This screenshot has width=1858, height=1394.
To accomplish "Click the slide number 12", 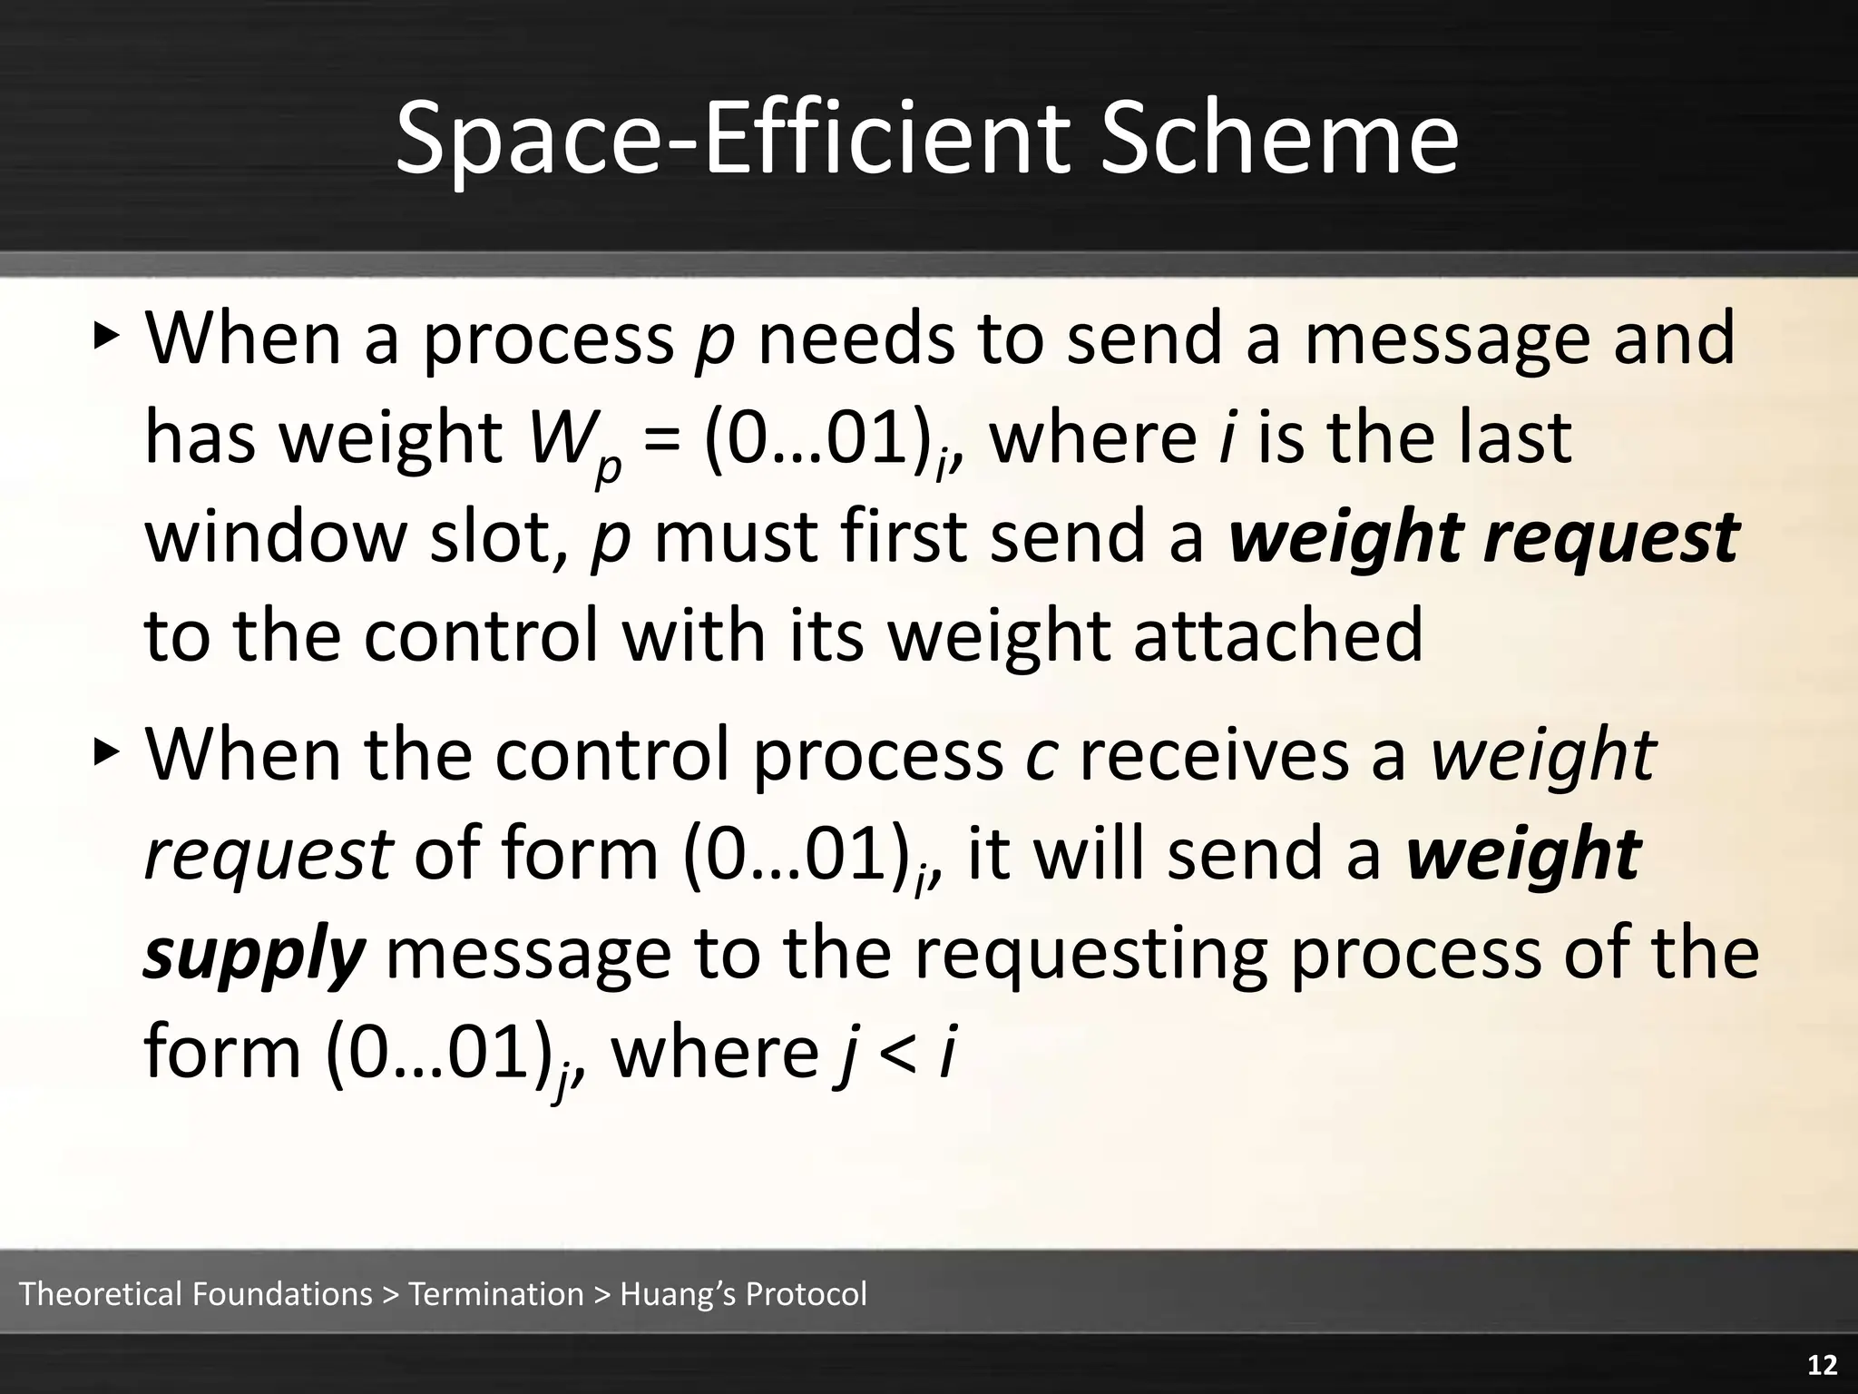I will click(1822, 1365).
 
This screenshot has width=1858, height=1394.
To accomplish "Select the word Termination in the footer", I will click(496, 1293).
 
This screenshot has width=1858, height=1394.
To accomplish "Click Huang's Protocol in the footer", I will click(743, 1293).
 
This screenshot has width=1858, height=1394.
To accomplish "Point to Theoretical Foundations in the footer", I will click(195, 1293).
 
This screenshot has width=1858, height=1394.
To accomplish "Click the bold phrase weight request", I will click(1482, 537).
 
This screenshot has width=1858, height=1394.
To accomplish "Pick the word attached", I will click(1278, 635).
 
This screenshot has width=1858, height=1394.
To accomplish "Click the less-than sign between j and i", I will click(899, 1053).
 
